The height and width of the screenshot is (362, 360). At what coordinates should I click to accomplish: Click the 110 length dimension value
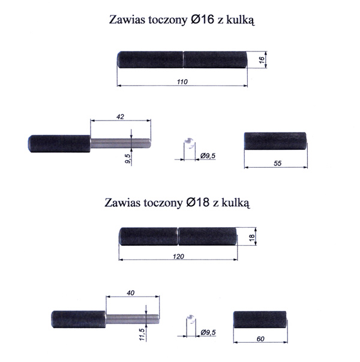182,82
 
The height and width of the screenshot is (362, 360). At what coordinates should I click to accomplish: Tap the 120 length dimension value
178,257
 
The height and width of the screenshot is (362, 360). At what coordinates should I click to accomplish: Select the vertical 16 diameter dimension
262,60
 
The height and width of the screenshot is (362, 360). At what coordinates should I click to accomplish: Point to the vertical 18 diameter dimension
252,237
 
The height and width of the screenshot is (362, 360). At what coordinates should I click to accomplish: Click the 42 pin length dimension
120,117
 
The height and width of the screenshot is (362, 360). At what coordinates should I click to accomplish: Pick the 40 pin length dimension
130,292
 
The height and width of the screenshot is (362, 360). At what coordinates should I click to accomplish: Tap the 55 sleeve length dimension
278,163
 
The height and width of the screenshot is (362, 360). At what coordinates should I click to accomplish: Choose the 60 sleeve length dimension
260,339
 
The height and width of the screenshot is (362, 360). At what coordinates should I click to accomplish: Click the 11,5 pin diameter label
142,334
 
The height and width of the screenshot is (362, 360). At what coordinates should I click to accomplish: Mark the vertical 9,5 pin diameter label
128,159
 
